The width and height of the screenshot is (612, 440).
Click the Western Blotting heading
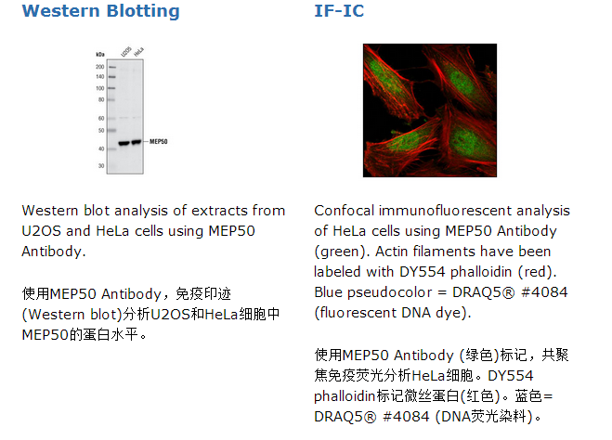tap(100, 11)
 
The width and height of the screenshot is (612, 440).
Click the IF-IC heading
tap(339, 11)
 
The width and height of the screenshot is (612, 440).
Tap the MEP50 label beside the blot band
tap(159, 142)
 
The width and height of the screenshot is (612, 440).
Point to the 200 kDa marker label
tap(100, 67)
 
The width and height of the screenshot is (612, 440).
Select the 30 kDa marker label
tap(101, 166)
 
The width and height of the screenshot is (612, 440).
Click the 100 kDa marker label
tap(100, 88)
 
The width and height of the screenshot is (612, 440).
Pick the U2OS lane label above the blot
tap(126, 51)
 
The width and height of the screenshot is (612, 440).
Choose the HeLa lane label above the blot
tap(138, 51)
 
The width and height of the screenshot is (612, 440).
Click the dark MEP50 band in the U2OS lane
tap(124, 143)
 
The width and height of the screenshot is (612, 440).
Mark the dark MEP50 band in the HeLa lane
tap(137, 142)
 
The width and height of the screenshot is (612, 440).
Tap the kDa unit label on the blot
tap(100, 54)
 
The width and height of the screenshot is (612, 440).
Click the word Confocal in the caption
tap(345, 211)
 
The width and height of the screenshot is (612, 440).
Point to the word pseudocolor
tap(389, 292)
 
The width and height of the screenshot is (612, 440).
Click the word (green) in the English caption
tap(342, 252)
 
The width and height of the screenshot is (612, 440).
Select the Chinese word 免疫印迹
tap(203, 293)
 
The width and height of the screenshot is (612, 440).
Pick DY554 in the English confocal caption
tap(422, 272)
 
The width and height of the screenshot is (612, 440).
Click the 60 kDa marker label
tap(101, 118)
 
